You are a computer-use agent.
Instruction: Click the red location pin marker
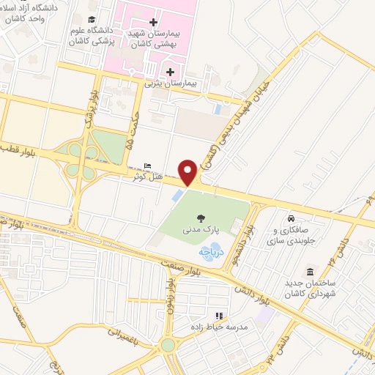(x=188, y=173)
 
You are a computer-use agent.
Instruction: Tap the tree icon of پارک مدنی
(x=201, y=217)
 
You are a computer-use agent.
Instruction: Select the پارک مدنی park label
(x=201, y=230)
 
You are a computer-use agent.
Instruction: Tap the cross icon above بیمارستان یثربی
(x=171, y=71)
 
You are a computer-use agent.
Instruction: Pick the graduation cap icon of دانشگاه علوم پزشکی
(x=91, y=20)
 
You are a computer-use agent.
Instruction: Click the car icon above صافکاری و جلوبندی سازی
(x=292, y=218)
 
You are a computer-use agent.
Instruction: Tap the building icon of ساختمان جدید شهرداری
(x=310, y=270)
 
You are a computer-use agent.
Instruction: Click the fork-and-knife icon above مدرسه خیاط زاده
(x=217, y=316)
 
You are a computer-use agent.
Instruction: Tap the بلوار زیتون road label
(x=169, y=292)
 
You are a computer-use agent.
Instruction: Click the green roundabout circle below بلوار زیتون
(x=168, y=344)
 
